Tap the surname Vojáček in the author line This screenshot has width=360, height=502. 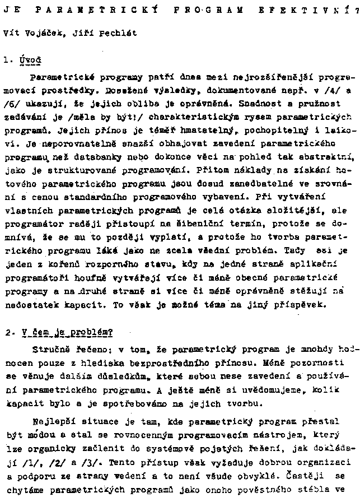43,33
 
